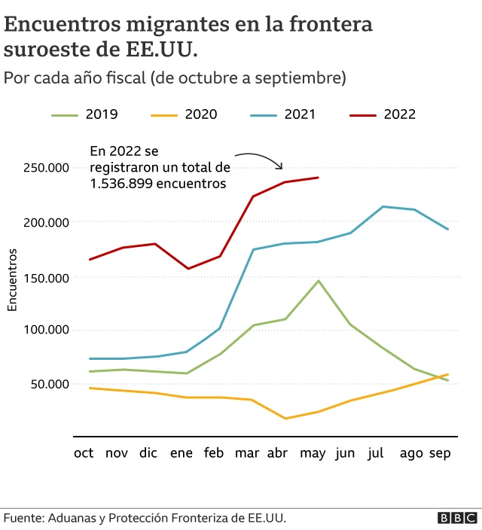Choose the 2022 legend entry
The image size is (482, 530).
[x=383, y=114]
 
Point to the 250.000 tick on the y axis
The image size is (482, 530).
[x=46, y=167]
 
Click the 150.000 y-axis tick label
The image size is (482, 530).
[x=46, y=277]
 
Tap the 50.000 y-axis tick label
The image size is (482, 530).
[x=49, y=384]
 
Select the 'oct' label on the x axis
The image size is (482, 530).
[x=84, y=453]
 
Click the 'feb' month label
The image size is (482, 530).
[x=214, y=453]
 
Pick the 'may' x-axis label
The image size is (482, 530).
[x=312, y=453]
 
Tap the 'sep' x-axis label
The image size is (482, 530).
[x=440, y=453]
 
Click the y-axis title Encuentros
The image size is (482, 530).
[x=12, y=279]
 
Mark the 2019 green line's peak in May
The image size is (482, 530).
[x=319, y=281]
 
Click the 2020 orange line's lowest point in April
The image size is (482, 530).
[x=285, y=419]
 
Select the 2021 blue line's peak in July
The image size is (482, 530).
[x=383, y=206]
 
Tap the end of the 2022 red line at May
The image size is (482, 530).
[x=319, y=178]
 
